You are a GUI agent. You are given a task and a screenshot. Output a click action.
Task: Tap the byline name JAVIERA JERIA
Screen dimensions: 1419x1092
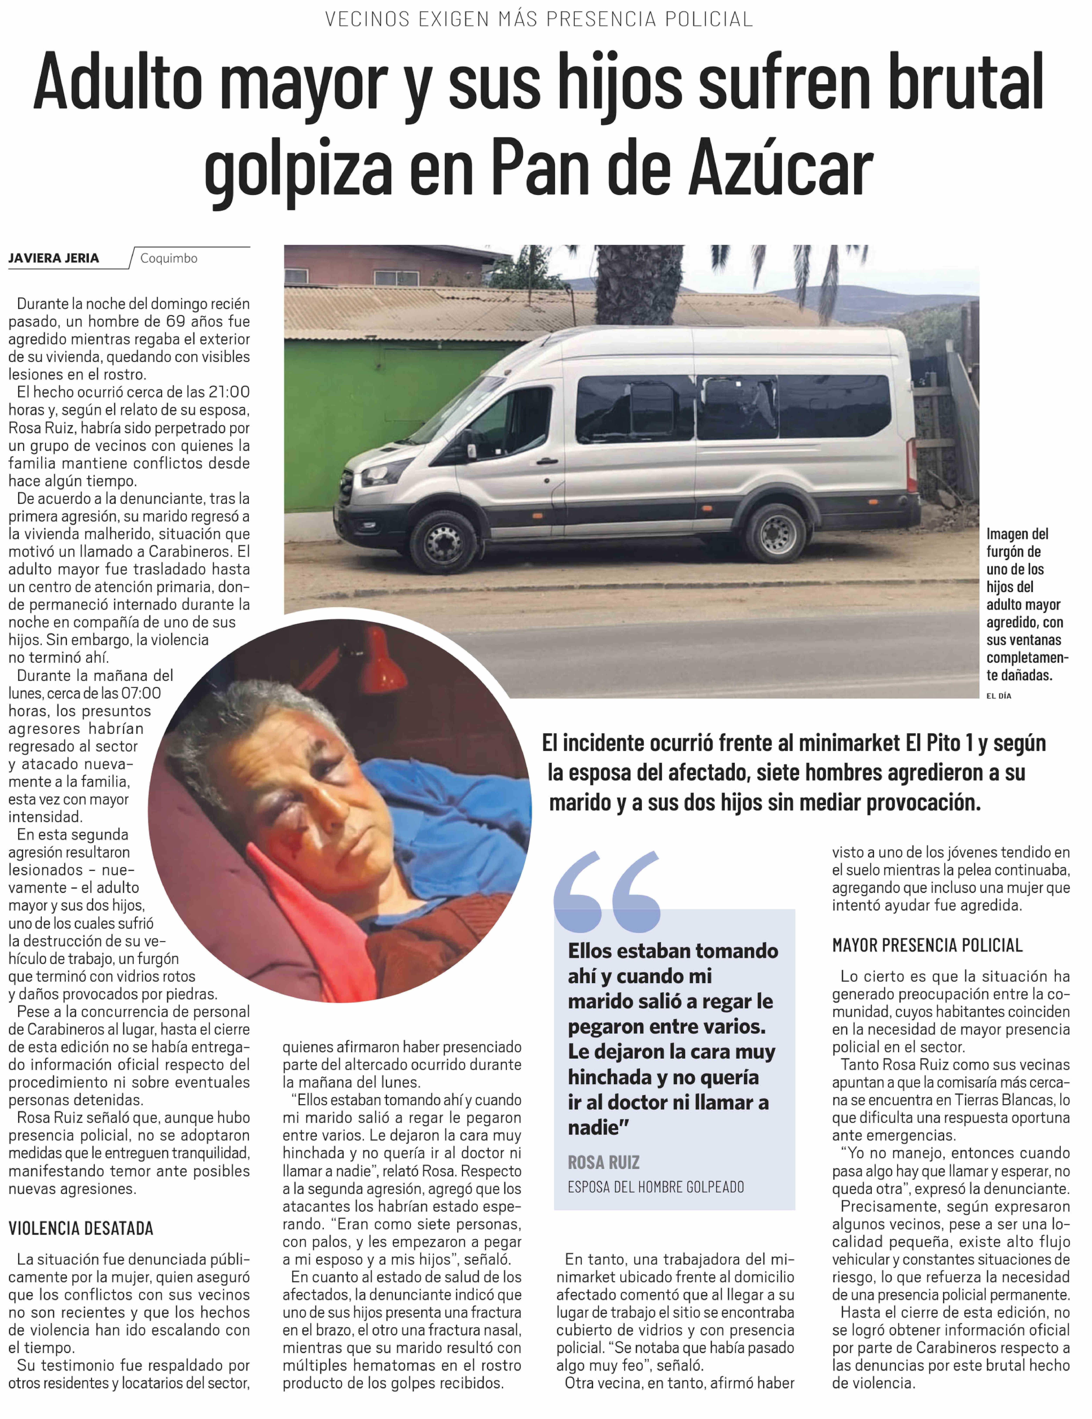(54, 258)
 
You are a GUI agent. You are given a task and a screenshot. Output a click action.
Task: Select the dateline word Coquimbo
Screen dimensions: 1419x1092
(168, 258)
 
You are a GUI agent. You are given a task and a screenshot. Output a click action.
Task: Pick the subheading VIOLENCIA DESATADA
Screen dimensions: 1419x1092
(81, 1228)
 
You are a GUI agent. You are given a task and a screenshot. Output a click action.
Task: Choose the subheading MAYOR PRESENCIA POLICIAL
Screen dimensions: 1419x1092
(927, 945)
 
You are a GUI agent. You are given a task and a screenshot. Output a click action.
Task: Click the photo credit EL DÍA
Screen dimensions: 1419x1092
(998, 696)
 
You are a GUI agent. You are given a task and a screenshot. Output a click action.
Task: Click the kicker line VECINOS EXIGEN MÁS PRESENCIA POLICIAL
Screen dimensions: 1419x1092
(539, 19)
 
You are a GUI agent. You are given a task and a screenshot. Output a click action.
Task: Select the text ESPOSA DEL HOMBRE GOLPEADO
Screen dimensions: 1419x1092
(655, 1187)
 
